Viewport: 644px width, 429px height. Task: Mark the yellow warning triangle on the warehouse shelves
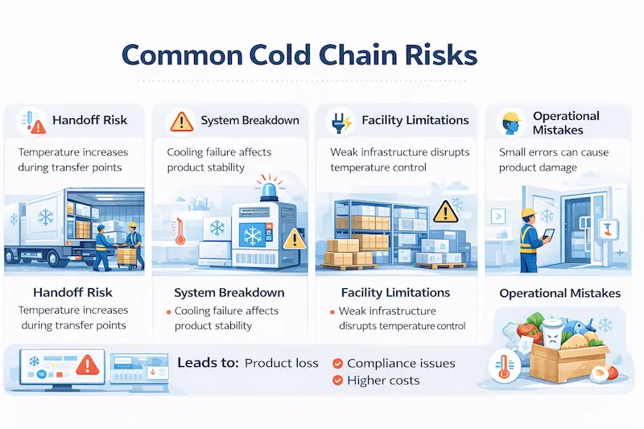click(x=444, y=212)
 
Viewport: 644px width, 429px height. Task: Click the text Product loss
click(x=281, y=363)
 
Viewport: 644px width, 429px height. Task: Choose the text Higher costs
click(x=383, y=380)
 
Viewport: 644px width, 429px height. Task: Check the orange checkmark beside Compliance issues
click(x=338, y=363)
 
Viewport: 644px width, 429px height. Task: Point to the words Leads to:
click(x=208, y=363)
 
